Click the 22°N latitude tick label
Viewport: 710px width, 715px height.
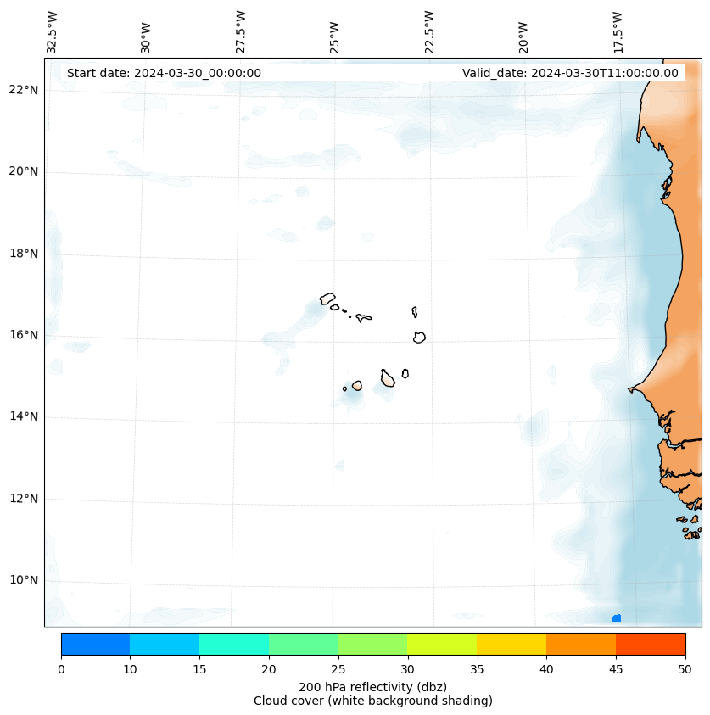24,90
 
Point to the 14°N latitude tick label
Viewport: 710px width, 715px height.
24,416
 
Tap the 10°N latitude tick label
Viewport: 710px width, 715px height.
24,580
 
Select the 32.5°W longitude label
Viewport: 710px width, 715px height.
53,32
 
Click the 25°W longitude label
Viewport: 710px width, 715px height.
335,36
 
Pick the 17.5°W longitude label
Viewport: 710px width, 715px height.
618,32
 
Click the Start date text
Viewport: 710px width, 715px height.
164,73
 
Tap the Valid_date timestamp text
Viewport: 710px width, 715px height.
570,73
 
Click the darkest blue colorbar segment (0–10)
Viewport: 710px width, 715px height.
95,644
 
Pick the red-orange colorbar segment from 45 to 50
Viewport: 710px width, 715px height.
650,644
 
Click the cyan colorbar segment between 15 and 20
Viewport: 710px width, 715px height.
233,644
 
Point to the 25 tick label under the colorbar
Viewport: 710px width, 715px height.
338,670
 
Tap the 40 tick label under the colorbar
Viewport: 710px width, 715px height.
545,670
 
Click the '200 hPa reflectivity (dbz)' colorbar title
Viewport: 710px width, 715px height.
372,686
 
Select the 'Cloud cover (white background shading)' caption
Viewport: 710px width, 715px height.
372,701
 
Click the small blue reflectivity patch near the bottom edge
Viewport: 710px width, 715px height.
617,617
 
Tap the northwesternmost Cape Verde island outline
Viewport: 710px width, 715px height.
327,299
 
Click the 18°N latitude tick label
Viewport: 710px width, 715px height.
24,253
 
